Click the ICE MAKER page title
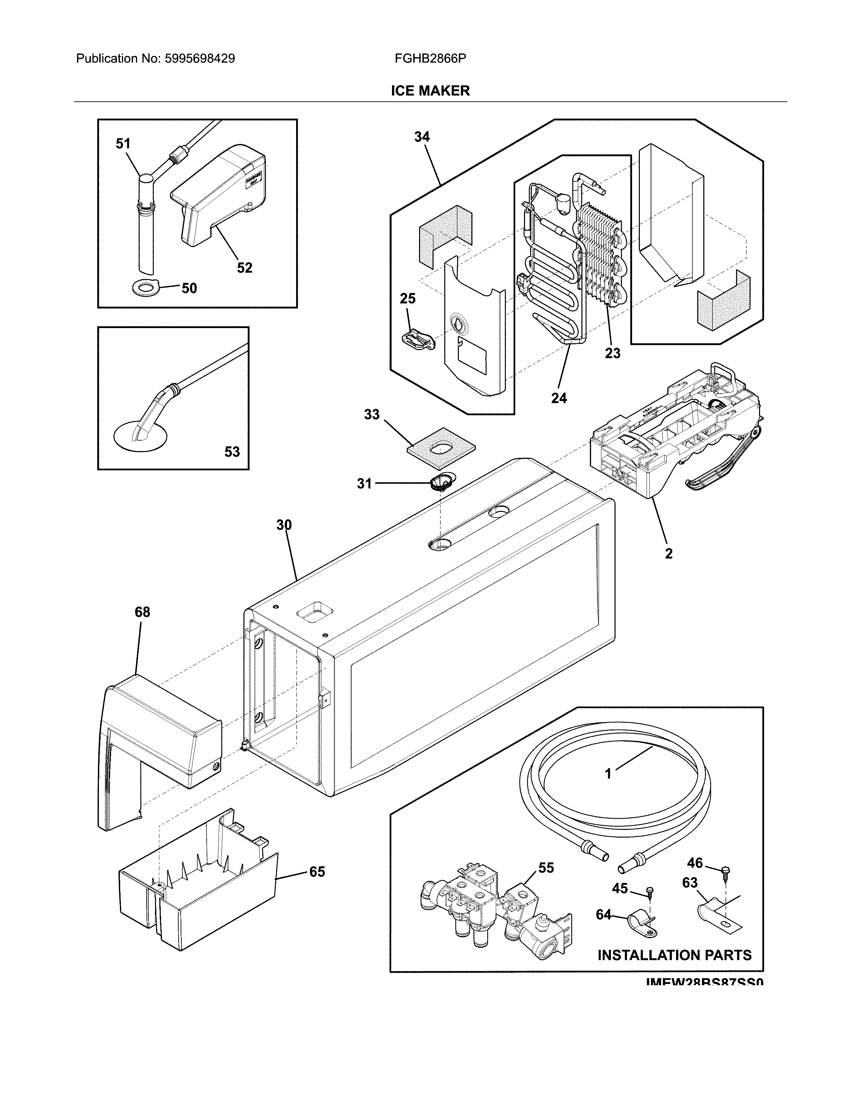click(430, 91)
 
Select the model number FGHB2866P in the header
click(430, 59)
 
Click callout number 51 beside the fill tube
click(123, 144)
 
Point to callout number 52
click(244, 268)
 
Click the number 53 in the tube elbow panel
click(232, 451)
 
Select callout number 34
click(422, 137)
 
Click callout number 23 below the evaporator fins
click(612, 353)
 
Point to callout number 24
click(559, 398)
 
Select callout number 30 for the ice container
click(284, 525)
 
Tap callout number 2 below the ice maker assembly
click(668, 553)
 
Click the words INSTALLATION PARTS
click(674, 955)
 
